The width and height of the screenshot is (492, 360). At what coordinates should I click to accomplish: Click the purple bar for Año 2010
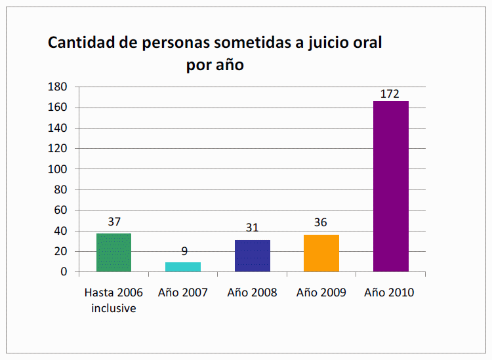(x=390, y=186)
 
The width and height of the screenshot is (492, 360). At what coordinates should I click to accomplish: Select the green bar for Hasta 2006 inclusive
(x=114, y=252)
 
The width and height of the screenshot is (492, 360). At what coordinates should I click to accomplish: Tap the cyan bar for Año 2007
(x=183, y=267)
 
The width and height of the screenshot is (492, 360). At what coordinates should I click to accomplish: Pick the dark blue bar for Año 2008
(x=252, y=256)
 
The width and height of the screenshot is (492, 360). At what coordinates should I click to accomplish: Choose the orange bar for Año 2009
(x=321, y=253)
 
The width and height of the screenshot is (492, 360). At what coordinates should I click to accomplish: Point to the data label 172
(x=390, y=94)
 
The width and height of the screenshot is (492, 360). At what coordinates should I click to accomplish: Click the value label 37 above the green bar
(x=114, y=222)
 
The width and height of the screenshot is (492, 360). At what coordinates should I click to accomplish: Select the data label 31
(x=252, y=228)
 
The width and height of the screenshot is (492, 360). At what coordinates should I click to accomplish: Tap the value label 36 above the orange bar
(x=321, y=222)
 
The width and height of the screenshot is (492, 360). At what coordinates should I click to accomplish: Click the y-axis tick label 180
(x=59, y=87)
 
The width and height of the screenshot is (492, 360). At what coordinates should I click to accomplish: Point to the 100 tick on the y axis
(x=59, y=169)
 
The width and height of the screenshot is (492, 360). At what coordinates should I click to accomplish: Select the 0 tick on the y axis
(x=64, y=271)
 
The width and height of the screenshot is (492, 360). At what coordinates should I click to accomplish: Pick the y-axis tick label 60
(x=62, y=210)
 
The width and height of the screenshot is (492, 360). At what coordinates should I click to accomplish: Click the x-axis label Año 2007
(x=183, y=292)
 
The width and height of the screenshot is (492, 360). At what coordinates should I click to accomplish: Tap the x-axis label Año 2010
(x=390, y=292)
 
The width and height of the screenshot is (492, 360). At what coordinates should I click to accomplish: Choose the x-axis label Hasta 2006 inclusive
(x=114, y=300)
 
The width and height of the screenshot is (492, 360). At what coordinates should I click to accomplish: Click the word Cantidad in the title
(x=82, y=43)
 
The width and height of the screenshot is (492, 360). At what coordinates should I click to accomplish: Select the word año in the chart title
(x=230, y=66)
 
